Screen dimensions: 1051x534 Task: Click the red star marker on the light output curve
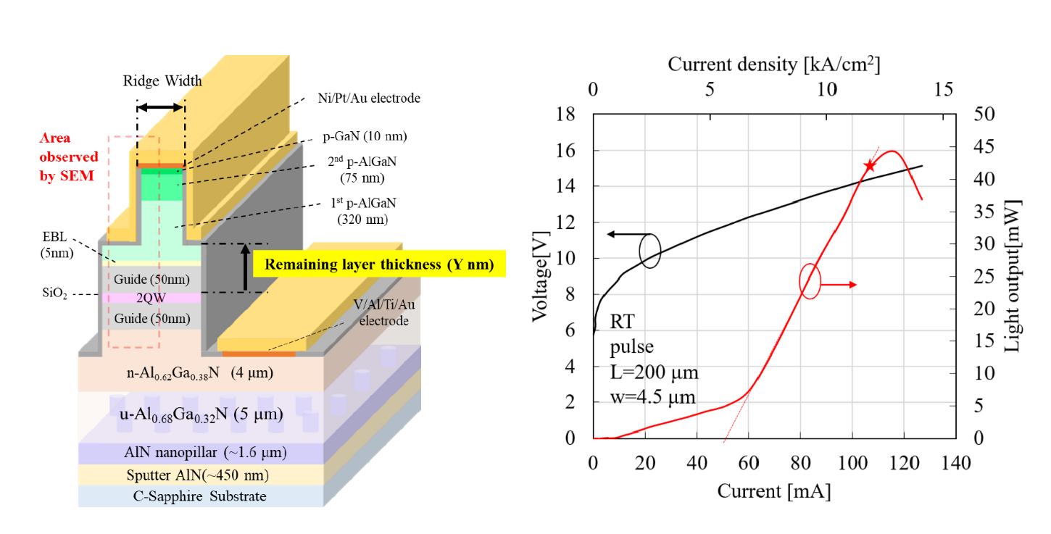coord(869,165)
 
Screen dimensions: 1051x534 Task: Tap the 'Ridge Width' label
coord(162,80)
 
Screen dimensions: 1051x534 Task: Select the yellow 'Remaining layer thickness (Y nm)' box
coord(379,264)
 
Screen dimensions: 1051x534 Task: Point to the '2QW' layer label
coord(151,298)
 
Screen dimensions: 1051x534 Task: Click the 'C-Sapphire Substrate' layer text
coord(199,496)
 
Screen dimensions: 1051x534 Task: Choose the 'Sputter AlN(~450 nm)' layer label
coord(198,475)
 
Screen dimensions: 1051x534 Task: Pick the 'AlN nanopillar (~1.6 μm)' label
coord(205,452)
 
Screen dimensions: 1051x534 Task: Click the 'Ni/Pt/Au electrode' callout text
coord(369,98)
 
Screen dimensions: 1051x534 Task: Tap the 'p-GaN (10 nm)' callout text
coord(365,136)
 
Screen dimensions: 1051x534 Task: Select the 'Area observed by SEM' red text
coord(69,157)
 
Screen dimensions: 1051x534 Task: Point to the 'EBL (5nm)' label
coord(57,245)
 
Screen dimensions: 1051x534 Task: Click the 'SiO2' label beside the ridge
coord(54,293)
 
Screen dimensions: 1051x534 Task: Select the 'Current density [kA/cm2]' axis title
coord(773,64)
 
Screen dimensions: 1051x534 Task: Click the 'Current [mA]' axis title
coord(773,491)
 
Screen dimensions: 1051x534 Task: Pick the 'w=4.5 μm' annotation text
coord(652,396)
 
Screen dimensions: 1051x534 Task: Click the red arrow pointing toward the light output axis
coord(839,285)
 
